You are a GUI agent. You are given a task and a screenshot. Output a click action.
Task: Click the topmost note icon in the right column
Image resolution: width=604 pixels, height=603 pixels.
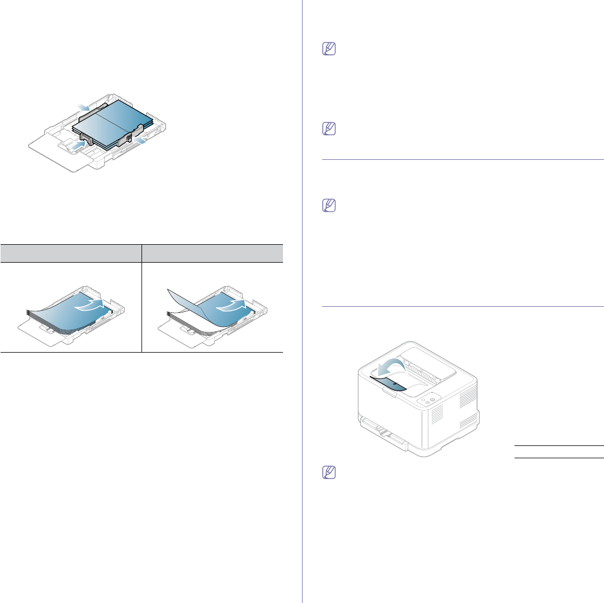tap(328, 50)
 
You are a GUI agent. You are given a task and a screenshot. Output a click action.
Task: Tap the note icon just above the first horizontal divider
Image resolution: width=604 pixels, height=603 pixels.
tap(328, 130)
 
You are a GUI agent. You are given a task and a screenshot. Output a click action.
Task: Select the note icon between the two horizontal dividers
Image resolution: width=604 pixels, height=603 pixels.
tap(328, 206)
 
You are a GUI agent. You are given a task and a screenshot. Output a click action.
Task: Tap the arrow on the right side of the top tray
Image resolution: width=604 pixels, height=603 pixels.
tap(142, 144)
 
